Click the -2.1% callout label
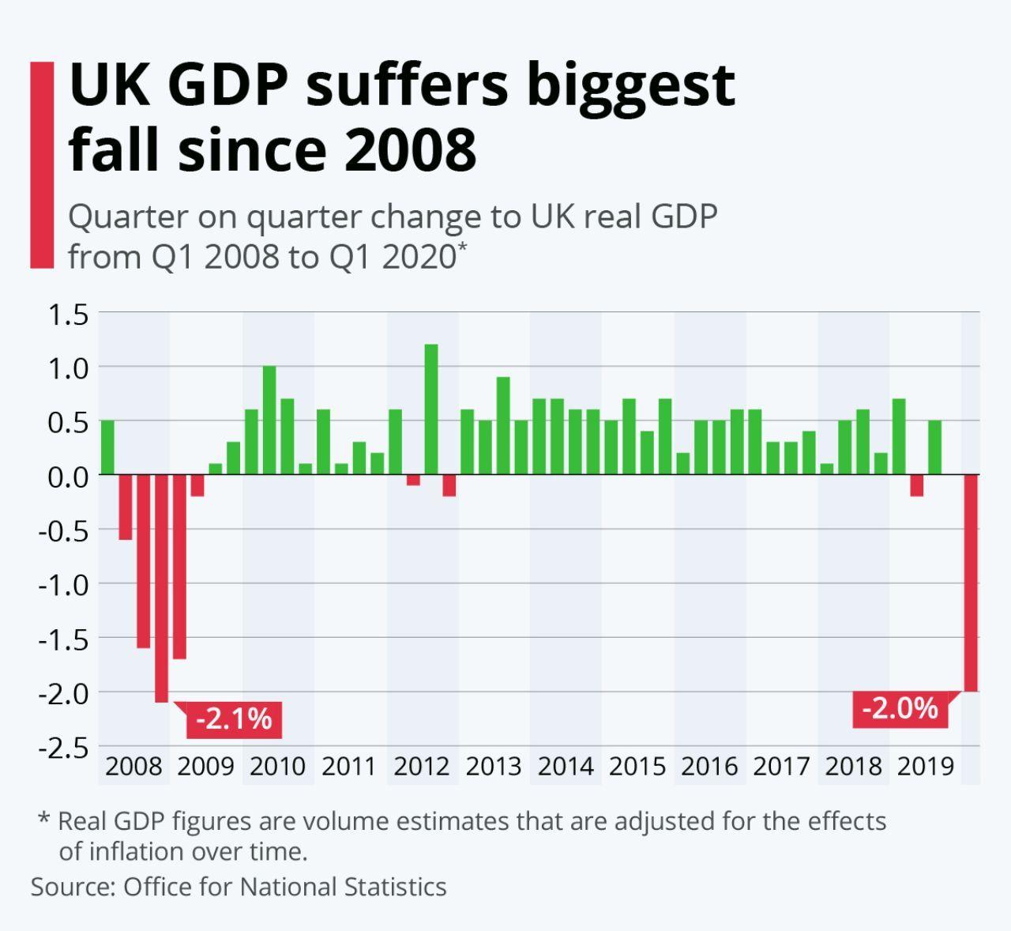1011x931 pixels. pyautogui.click(x=234, y=719)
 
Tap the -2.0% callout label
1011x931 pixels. pyautogui.click(x=900, y=708)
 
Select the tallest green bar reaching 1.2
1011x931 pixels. pyautogui.click(x=431, y=409)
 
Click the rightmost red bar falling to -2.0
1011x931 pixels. pyautogui.click(x=972, y=582)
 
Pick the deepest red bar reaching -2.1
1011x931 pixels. pyautogui.click(x=161, y=588)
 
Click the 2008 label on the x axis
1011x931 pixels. pyautogui.click(x=133, y=766)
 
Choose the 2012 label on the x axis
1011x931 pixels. pyautogui.click(x=422, y=766)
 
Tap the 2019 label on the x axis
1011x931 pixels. pyautogui.click(x=926, y=766)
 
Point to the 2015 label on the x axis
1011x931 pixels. pyautogui.click(x=637, y=766)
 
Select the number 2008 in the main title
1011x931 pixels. pyautogui.click(x=410, y=149)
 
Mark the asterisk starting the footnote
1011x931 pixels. pyautogui.click(x=44, y=818)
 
